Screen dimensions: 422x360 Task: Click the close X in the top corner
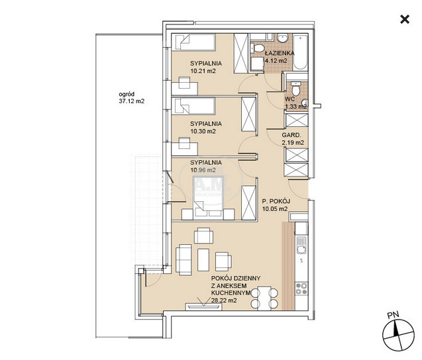(405, 19)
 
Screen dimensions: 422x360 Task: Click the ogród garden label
(127, 95)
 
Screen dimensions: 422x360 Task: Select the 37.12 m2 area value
(132, 101)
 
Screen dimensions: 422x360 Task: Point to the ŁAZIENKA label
(280, 53)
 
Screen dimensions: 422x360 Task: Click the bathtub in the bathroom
(300, 52)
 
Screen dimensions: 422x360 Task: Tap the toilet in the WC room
(295, 88)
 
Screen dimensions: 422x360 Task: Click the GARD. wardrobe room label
(291, 135)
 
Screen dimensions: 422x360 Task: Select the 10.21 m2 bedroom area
(203, 71)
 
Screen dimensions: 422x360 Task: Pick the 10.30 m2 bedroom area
(203, 132)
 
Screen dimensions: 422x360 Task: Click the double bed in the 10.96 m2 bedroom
(208, 197)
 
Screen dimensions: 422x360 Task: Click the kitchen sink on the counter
(301, 246)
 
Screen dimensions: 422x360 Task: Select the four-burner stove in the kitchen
(301, 289)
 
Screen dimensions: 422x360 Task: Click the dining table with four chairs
(264, 298)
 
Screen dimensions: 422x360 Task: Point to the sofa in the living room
(184, 260)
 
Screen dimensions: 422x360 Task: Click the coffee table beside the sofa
(203, 260)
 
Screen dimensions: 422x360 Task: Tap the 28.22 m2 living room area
(224, 300)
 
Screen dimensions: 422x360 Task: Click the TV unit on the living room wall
(203, 307)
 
